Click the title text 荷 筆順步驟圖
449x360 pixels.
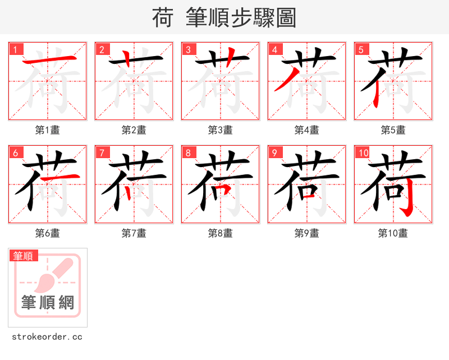[224, 18]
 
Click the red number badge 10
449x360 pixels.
[363, 153]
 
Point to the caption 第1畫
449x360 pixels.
[47, 130]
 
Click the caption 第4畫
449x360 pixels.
[306, 130]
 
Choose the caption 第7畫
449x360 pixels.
[134, 233]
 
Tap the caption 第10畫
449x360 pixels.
[393, 233]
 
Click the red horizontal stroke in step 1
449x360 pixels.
[47, 60]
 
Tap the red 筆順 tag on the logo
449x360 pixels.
[24, 256]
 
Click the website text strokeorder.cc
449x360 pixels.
[47, 337]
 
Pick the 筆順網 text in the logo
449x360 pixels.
[48, 303]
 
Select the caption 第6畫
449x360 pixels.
[47, 233]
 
